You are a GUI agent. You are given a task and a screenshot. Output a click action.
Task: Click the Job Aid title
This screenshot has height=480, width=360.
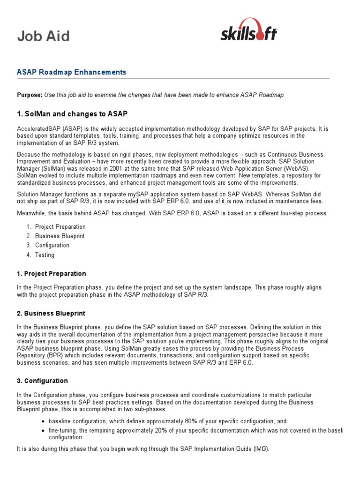pyautogui.click(x=44, y=36)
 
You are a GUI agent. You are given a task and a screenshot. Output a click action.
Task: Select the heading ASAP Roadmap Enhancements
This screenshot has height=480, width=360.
pyautogui.click(x=71, y=72)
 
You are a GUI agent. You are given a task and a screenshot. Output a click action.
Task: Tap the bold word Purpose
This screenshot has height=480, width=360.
pyautogui.click(x=30, y=95)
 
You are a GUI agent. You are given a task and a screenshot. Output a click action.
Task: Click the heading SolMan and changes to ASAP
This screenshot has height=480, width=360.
pyautogui.click(x=72, y=114)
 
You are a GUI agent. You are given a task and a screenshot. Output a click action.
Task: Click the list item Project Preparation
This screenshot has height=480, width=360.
pyautogui.click(x=60, y=227)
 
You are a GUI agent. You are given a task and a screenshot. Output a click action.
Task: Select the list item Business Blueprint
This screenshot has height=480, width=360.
pyautogui.click(x=60, y=236)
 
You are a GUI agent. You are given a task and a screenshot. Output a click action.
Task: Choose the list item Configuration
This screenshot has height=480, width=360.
pyautogui.click(x=52, y=245)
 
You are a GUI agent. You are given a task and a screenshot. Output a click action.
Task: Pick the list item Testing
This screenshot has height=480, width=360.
pyautogui.click(x=45, y=255)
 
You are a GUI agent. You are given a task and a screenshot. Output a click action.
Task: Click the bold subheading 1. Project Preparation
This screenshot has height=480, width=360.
pyautogui.click(x=52, y=274)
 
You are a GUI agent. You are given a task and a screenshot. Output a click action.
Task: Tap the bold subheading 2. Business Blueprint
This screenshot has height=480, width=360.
pyautogui.click(x=51, y=313)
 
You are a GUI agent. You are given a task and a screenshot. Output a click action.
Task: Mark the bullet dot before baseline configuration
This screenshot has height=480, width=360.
pyautogui.click(x=43, y=421)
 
